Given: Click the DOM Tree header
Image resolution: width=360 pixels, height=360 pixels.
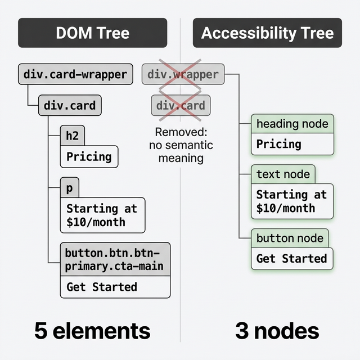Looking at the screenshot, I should click(93, 33).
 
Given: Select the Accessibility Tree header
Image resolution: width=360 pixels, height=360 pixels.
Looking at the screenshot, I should click(267, 33).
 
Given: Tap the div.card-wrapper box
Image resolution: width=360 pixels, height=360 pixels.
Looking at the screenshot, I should click(75, 74).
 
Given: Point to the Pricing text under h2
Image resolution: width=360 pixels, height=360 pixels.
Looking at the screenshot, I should click(89, 156).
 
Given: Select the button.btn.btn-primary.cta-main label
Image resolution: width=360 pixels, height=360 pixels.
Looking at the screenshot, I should click(115, 259).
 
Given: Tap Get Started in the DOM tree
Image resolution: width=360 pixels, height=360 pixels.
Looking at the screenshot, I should click(102, 286).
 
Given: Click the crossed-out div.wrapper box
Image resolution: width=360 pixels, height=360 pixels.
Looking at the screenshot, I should click(182, 74).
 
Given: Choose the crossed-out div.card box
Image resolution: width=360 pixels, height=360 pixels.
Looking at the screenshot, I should click(180, 105).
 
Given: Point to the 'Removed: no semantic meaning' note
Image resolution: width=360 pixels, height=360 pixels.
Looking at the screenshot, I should click(181, 145).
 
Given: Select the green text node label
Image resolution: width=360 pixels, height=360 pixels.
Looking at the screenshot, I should click(283, 174).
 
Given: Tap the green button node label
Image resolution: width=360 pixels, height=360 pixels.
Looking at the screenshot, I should click(290, 238).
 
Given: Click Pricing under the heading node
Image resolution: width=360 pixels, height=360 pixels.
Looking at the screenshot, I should click(278, 144).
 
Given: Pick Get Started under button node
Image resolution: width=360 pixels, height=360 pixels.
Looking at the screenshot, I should click(291, 259).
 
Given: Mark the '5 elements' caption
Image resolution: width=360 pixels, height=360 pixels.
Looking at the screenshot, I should click(92, 330).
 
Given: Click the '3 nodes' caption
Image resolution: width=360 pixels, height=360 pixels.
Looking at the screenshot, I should click(277, 330).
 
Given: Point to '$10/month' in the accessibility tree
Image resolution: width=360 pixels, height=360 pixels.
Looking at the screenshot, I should click(285, 208).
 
